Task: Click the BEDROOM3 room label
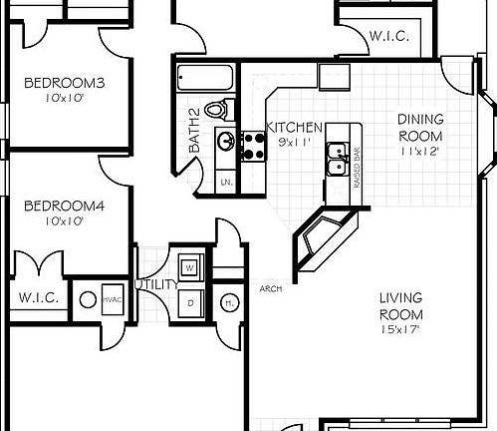pos(58,83)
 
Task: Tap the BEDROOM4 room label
pos(58,206)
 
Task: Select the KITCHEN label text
pos(296,128)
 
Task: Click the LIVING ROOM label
pos(401,304)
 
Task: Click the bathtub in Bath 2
pos(205,78)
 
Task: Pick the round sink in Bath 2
pos(226,142)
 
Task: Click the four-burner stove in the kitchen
pos(252,148)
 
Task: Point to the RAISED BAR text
pos(356,162)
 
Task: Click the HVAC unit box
pos(111,299)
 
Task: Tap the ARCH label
pos(269,290)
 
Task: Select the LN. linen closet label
pos(226,183)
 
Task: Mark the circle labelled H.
pos(228,301)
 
